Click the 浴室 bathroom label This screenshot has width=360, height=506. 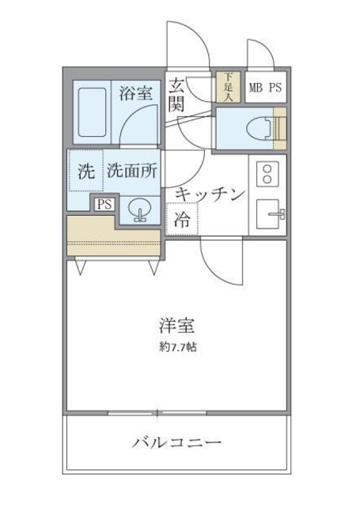pos(135,94)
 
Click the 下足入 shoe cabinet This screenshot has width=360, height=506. pos(228,88)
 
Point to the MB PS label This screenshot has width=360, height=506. pos(266,88)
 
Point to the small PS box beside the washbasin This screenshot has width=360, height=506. pos(104,204)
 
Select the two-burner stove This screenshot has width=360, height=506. pos(267,173)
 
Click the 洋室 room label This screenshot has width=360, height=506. pos(176,325)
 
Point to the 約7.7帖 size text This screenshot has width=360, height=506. pos(177,346)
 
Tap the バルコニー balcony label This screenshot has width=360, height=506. pos(176,442)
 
